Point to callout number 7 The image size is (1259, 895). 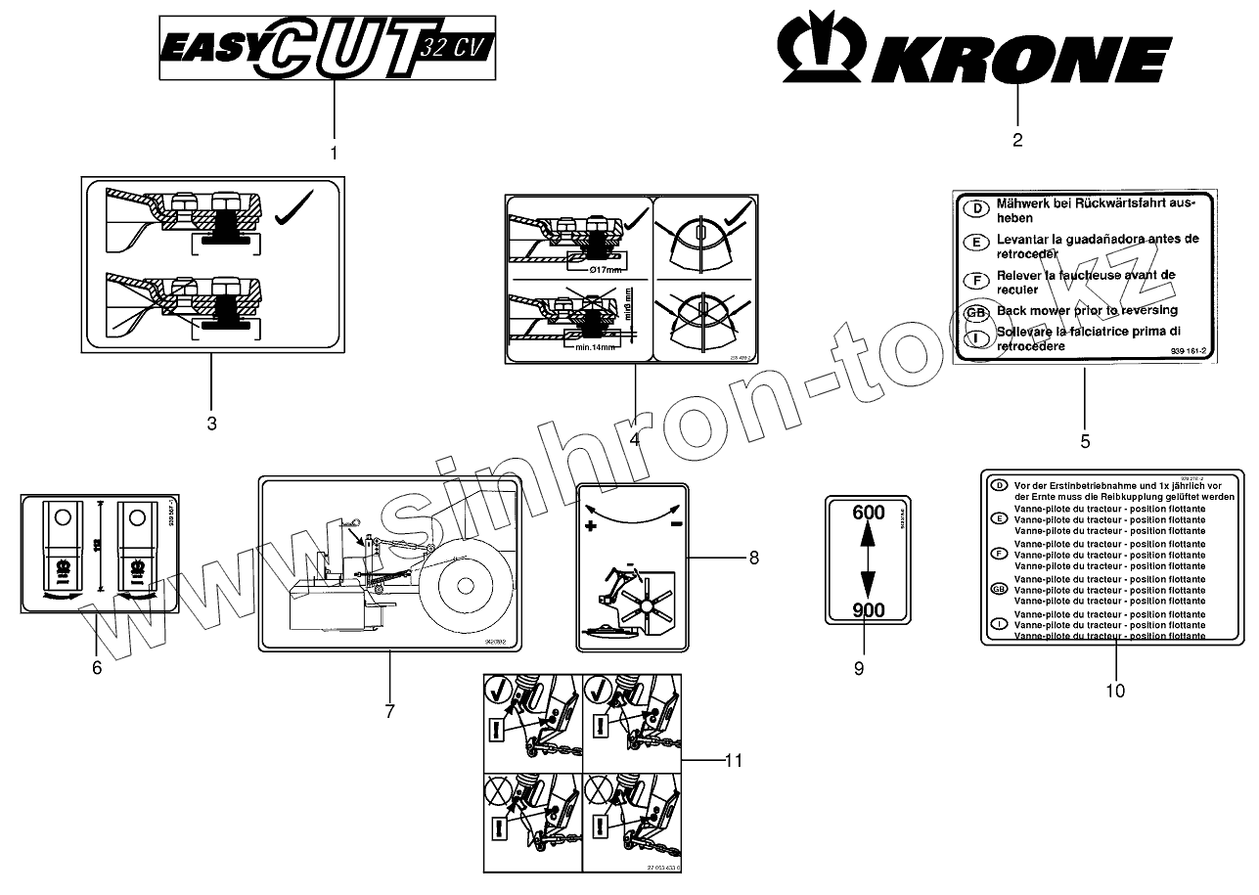[389, 711]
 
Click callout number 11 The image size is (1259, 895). [734, 760]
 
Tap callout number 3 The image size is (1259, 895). [211, 424]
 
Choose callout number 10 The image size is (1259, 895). [1115, 691]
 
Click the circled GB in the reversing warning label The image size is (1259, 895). [974, 312]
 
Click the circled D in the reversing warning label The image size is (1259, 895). [974, 208]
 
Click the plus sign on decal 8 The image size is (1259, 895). [591, 527]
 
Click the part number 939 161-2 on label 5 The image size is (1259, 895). [1188, 349]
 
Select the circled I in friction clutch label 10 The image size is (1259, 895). [999, 624]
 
